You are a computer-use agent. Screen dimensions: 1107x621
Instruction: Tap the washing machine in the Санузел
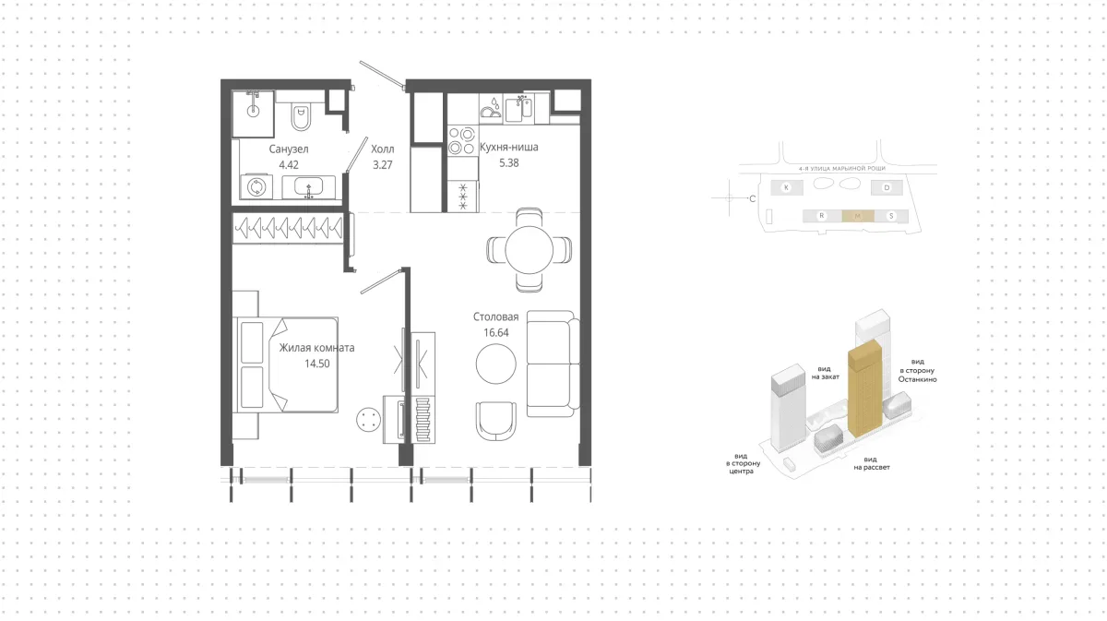pos(256,187)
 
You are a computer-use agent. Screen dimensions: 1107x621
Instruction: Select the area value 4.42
pos(289,165)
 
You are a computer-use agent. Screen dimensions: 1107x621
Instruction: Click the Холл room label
pos(383,149)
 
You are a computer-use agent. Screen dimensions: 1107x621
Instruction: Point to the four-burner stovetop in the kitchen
pos(462,141)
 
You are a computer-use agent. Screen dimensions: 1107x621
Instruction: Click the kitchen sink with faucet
pos(518,108)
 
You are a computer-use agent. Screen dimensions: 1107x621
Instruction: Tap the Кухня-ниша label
pos(509,147)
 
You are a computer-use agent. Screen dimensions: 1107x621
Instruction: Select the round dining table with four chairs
pos(529,250)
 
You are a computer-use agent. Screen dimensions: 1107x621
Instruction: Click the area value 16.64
pos(495,333)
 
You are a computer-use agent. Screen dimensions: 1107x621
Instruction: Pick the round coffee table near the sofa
pos(495,364)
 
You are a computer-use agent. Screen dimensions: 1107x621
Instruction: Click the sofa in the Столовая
pos(553,364)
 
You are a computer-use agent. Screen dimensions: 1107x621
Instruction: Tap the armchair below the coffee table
pos(496,421)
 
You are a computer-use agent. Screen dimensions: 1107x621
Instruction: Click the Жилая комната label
pos(316,348)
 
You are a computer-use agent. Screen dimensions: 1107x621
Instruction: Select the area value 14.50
pos(316,364)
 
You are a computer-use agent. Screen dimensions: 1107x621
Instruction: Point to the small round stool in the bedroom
pos(368,419)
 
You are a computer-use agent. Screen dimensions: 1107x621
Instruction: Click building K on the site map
pos(786,187)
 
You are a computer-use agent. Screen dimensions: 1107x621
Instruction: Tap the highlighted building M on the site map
pos(858,216)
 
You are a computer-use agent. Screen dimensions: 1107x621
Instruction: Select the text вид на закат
pos(825,373)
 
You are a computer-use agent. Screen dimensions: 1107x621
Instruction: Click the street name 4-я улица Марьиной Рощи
pos(842,169)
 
